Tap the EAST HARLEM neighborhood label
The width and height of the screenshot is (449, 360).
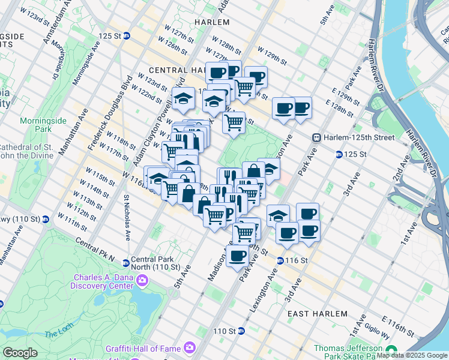[317, 314]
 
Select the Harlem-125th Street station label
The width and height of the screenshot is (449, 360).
[359, 137]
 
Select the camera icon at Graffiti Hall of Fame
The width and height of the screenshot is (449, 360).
[190, 347]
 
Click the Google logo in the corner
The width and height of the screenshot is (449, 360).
[20, 353]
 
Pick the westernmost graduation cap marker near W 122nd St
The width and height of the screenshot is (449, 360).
[184, 98]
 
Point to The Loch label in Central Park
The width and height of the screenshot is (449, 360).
[58, 332]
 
